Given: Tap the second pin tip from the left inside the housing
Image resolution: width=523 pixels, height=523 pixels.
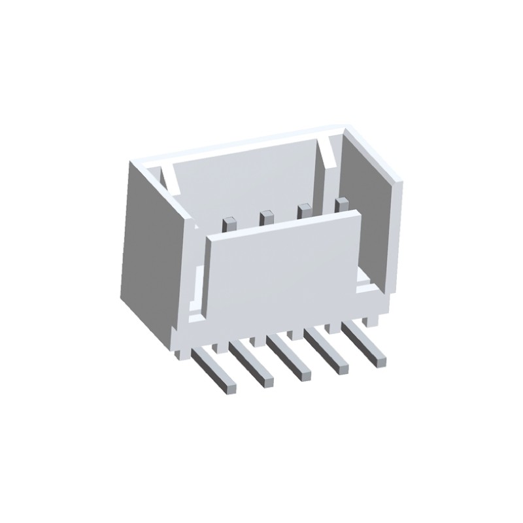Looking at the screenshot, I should pyautogui.click(x=265, y=216).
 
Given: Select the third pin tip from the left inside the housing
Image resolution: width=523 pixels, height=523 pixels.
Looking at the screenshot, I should pyautogui.click(x=303, y=211).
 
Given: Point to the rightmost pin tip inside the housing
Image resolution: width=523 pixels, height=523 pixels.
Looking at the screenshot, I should pyautogui.click(x=341, y=204).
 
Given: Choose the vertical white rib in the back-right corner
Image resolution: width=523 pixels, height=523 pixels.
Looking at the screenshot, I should pyautogui.click(x=330, y=157).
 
